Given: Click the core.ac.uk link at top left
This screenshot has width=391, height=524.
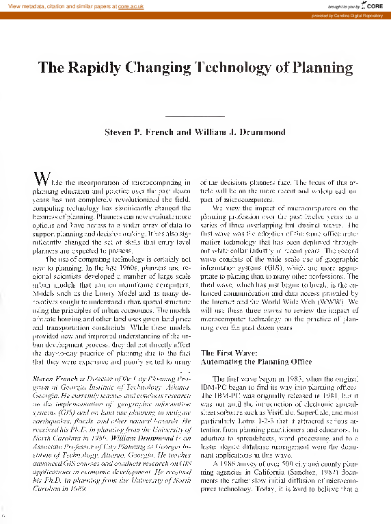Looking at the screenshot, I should (120, 5).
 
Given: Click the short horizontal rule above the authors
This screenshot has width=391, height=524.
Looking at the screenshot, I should (195, 117).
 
